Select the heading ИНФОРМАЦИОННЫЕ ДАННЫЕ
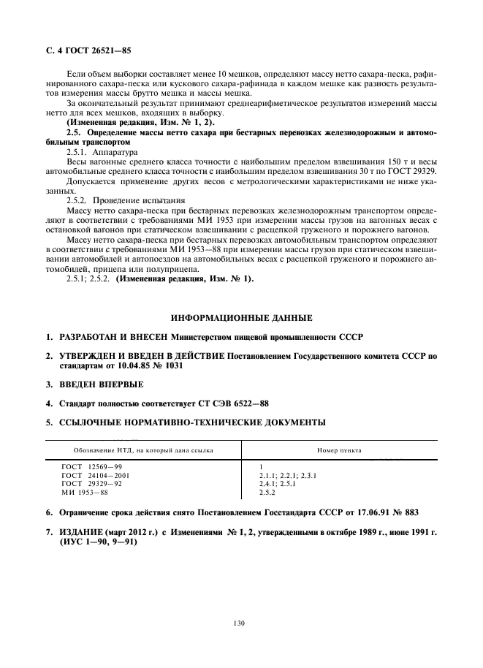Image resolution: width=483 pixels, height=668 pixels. point(240,318)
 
